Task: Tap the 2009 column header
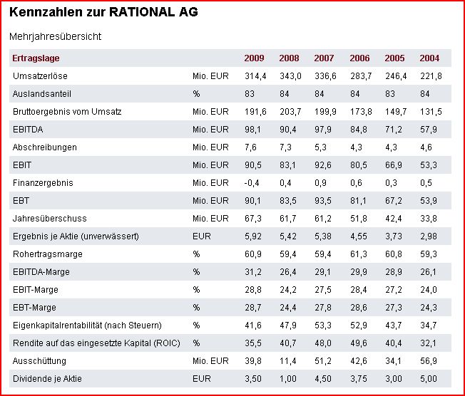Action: tap(254, 58)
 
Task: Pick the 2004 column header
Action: tap(429, 58)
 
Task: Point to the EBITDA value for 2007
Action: tap(325, 129)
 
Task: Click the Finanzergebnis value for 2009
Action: tap(253, 182)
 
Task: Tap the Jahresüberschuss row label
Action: tap(50, 218)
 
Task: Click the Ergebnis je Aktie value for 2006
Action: tap(359, 236)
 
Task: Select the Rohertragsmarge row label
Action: tap(47, 254)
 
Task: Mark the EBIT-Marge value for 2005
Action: tap(394, 289)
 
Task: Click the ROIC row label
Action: tap(94, 343)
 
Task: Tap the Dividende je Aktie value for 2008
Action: tap(290, 378)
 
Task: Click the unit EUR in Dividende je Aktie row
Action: tap(202, 378)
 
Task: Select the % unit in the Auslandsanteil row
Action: tap(196, 93)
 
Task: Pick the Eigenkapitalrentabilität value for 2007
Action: tap(325, 325)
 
